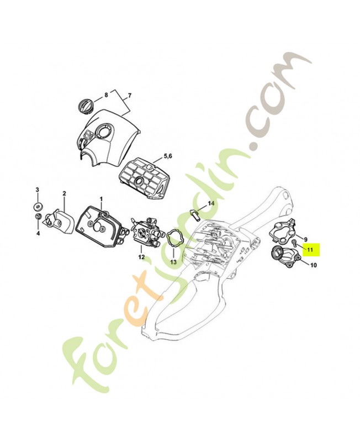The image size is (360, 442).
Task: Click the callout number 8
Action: pyautogui.click(x=106, y=95)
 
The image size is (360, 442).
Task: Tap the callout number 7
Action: pyautogui.click(x=130, y=96)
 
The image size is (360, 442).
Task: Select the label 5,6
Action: pyautogui.click(x=168, y=156)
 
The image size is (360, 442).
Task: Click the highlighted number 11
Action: pyautogui.click(x=310, y=250)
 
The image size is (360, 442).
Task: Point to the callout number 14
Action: pyautogui.click(x=211, y=203)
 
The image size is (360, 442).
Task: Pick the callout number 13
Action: pyautogui.click(x=173, y=262)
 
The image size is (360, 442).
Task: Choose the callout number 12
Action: pyautogui.click(x=141, y=257)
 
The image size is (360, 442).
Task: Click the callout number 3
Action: pyautogui.click(x=37, y=189)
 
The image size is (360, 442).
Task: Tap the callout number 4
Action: pyautogui.click(x=38, y=233)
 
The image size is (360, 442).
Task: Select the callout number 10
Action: pyautogui.click(x=313, y=265)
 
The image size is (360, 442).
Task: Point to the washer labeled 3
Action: pyautogui.click(x=38, y=206)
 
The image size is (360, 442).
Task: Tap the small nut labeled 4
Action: pyautogui.click(x=38, y=217)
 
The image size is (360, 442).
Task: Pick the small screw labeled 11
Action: pyautogui.click(x=294, y=242)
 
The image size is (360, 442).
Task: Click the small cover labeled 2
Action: pyautogui.click(x=59, y=222)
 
